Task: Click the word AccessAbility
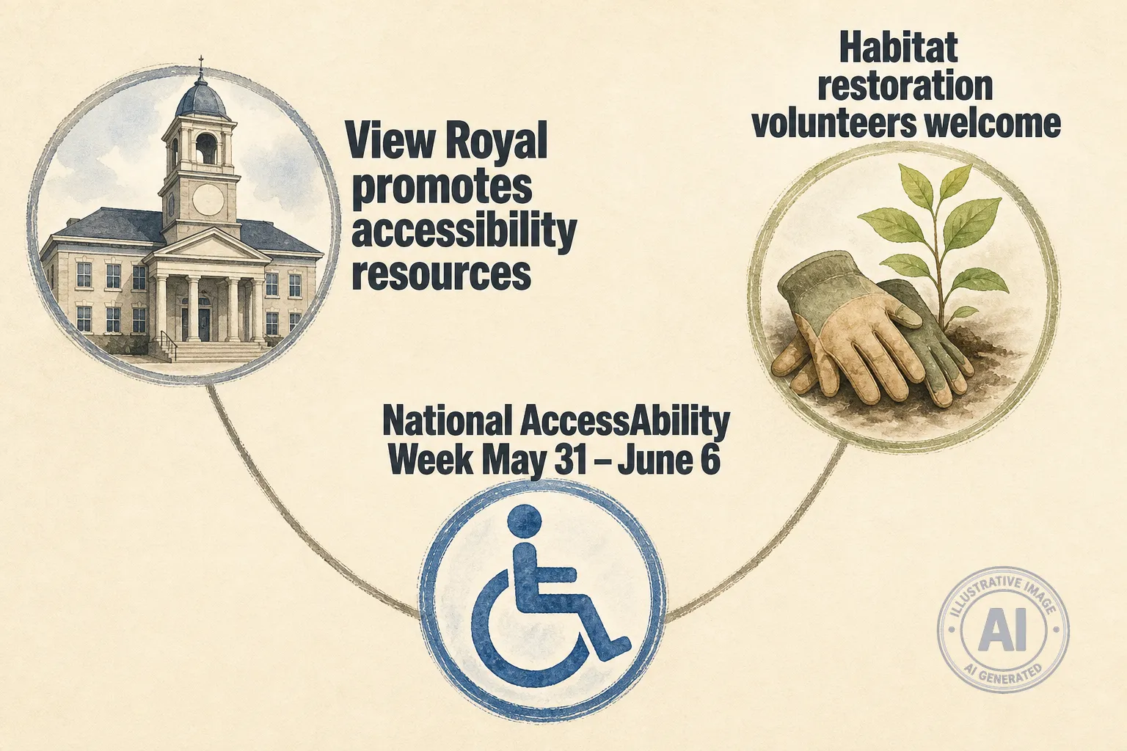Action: (x=624, y=422)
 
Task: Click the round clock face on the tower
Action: (x=208, y=199)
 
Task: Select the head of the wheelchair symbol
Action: (x=525, y=521)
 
